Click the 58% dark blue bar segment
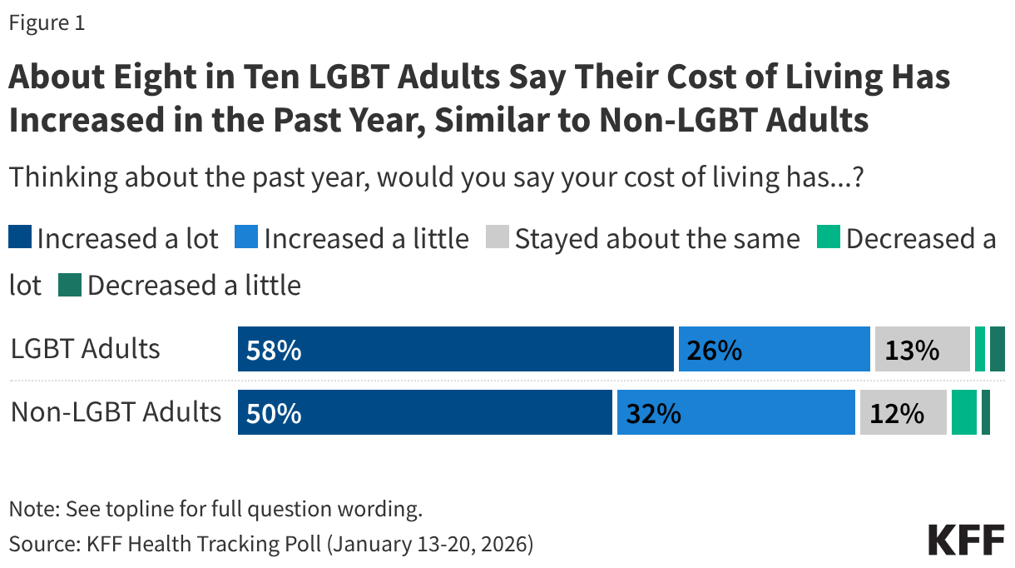coord(455,349)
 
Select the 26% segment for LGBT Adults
coord(774,349)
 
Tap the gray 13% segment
coord(922,349)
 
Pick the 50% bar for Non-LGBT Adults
coord(424,412)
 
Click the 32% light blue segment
coord(735,412)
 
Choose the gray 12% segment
coord(904,412)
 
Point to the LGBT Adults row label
coord(86,349)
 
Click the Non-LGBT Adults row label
coord(116,412)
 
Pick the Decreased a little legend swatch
coord(70,286)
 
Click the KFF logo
coord(966,541)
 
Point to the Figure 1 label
coord(47,23)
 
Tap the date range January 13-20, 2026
coord(429,545)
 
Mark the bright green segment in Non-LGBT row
coord(963,412)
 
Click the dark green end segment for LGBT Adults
coord(998,349)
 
